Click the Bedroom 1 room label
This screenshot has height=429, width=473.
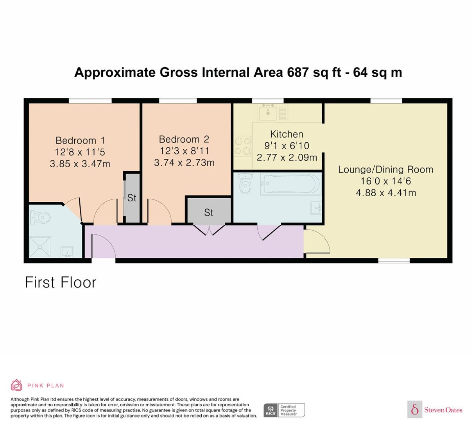tap(80, 141)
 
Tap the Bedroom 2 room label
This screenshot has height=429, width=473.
tap(184, 140)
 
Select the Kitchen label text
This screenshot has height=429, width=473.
tap(287, 134)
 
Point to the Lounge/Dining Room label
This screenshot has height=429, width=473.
tap(386, 170)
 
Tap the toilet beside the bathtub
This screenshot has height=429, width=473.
tap(246, 183)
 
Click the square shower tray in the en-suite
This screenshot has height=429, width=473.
tap(40, 247)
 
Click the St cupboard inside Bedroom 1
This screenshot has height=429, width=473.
tap(132, 198)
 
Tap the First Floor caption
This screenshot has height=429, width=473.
tap(60, 282)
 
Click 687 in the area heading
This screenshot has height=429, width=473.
tap(298, 72)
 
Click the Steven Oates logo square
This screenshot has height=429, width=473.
tap(415, 409)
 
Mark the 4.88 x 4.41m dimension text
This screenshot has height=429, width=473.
tap(386, 193)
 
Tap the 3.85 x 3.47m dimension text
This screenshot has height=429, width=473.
tap(80, 164)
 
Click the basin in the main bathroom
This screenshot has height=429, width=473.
tap(316, 208)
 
